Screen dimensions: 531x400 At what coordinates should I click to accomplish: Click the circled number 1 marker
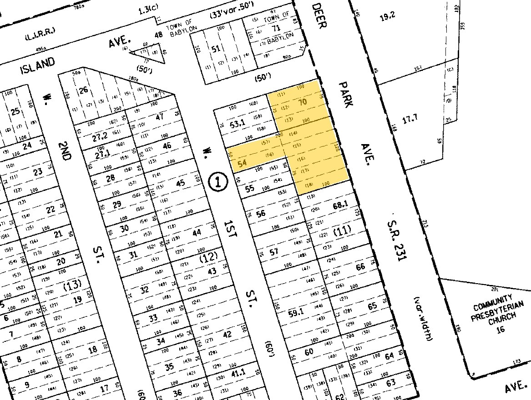coord(217,182)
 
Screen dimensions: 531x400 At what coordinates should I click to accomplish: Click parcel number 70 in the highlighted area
coord(302,102)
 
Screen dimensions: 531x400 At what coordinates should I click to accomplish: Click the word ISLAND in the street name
coord(38,67)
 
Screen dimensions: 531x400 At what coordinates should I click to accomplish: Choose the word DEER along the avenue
coord(319,16)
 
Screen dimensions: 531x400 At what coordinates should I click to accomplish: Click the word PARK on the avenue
coord(346,94)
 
